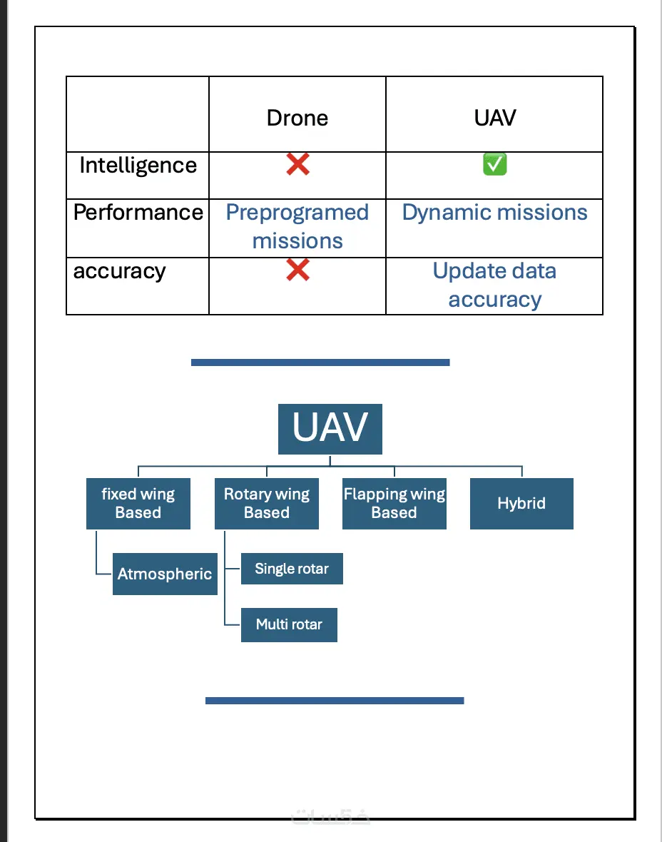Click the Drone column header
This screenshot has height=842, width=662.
[297, 118]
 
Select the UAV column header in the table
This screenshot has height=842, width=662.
[494, 118]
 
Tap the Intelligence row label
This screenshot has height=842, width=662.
[138, 166]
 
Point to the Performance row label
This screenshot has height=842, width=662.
[138, 213]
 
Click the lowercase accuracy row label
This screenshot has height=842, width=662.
[119, 271]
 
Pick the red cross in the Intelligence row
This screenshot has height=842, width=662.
[297, 166]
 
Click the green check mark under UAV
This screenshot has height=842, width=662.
[494, 166]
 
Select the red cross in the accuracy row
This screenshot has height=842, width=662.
[297, 270]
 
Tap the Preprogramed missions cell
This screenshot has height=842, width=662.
[297, 227]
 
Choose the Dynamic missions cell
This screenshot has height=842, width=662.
[494, 213]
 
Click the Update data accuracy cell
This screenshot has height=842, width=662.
[494, 285]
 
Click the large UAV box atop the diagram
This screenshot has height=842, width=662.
[330, 429]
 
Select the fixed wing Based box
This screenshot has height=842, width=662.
[138, 504]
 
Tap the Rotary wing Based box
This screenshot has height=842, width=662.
[266, 504]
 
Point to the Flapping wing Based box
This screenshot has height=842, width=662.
[394, 504]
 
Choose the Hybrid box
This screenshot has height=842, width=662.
[521, 504]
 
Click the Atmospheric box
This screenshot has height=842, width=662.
[165, 574]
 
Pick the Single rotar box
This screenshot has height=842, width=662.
[292, 569]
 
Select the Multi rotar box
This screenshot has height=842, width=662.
[289, 625]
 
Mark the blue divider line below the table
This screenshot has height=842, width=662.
[320, 362]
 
